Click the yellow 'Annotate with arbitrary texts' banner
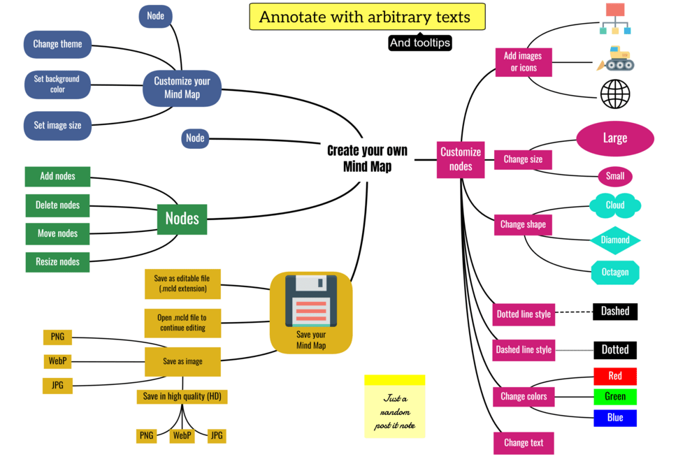click(x=367, y=17)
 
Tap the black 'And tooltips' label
click(x=420, y=43)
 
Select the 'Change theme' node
click(x=57, y=44)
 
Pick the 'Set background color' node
click(x=57, y=85)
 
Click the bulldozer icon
click(x=616, y=59)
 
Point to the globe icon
click(x=615, y=94)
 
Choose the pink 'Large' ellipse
click(x=615, y=138)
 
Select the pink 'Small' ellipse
click(x=615, y=176)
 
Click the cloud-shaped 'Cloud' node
click(x=615, y=205)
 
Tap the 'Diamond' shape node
click(x=615, y=240)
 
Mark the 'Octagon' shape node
click(x=615, y=272)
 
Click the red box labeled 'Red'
click(x=615, y=376)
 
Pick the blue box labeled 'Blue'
click(x=615, y=418)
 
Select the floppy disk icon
click(x=311, y=300)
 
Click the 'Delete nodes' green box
click(x=57, y=205)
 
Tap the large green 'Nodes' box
click(x=182, y=219)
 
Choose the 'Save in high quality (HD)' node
click(x=182, y=396)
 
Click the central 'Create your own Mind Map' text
click(x=367, y=159)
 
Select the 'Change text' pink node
click(x=524, y=442)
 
